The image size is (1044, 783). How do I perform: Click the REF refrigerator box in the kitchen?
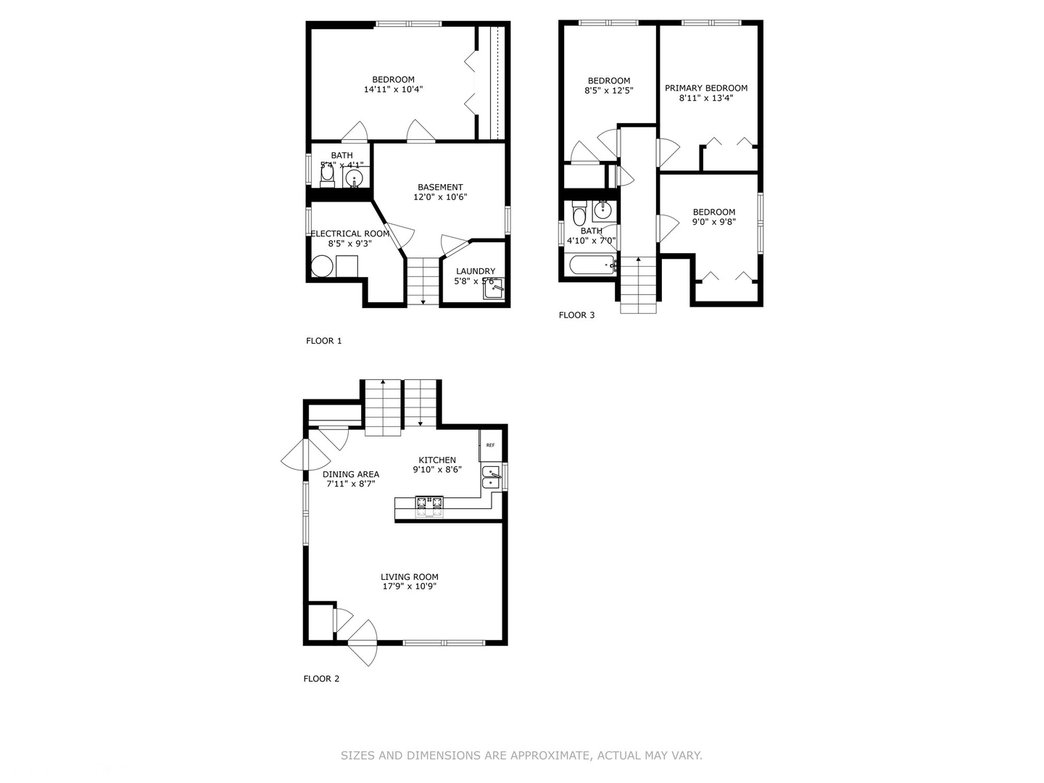click(489, 445)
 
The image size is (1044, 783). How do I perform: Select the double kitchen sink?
click(491, 477)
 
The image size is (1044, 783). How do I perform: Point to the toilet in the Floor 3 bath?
click(579, 215)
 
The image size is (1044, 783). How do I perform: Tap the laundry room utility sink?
click(493, 289)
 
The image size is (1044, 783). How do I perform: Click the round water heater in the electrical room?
click(322, 267)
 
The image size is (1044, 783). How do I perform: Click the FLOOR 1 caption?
click(323, 341)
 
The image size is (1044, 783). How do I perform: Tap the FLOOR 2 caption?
click(321, 679)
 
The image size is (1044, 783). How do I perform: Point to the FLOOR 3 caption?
click(576, 315)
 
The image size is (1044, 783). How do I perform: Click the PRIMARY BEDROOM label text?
click(706, 88)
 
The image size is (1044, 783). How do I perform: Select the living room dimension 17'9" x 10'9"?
click(410, 587)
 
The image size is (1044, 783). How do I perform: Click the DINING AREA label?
click(351, 474)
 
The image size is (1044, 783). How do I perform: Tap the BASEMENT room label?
click(440, 187)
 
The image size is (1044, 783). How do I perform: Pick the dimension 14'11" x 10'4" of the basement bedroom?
click(393, 90)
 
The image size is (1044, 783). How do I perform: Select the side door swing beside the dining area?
click(296, 455)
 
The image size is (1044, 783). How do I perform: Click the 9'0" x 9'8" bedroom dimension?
click(713, 222)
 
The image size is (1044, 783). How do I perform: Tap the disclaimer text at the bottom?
click(521, 755)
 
